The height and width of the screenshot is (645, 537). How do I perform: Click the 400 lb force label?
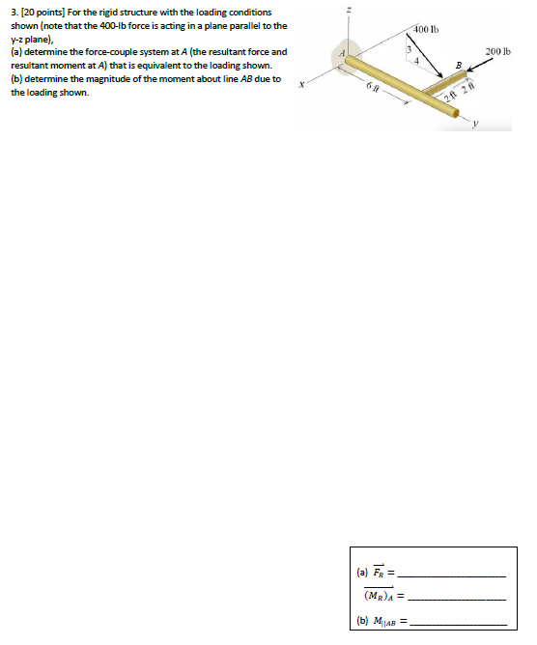point(426,30)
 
